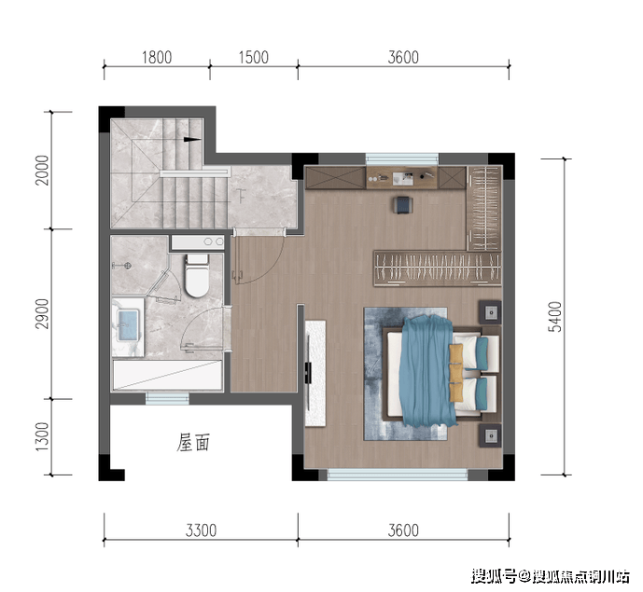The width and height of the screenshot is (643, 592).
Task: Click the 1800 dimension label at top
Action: tap(157, 58)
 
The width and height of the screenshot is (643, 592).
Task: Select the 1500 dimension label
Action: tap(254, 58)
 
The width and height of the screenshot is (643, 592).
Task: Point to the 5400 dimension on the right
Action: tap(555, 317)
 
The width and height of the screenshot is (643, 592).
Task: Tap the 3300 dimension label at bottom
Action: tap(201, 530)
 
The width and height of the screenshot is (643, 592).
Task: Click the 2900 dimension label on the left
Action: tap(42, 314)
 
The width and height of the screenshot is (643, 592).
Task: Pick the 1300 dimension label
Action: tap(42, 436)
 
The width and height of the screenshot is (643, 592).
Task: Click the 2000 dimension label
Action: tap(42, 171)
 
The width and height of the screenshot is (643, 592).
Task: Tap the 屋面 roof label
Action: tap(193, 443)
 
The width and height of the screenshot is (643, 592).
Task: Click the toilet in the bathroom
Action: tap(196, 275)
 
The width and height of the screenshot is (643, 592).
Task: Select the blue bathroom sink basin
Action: tap(128, 325)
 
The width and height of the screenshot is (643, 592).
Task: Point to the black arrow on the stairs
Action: tap(192, 139)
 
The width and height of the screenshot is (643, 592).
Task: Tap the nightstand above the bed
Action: tap(491, 312)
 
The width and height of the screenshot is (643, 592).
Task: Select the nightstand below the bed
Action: tap(491, 436)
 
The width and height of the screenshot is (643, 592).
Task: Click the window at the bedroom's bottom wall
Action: tap(398, 475)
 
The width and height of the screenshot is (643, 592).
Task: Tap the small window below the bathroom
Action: tap(167, 399)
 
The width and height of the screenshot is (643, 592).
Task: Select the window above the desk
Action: tap(402, 158)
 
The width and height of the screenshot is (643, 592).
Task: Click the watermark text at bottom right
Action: tap(551, 576)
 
